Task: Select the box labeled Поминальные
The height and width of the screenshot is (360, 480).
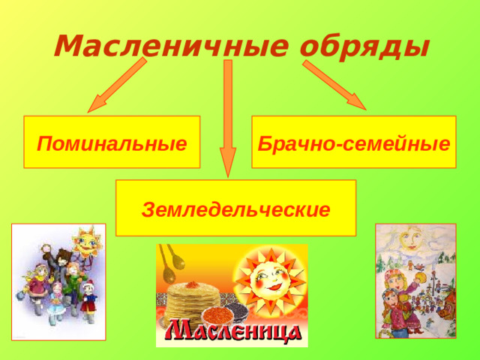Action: point(112,141)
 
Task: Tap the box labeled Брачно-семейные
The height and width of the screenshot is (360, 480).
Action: point(354,141)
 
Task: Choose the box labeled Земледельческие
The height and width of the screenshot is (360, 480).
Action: point(235,208)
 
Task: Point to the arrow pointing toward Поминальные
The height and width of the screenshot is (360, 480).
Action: point(115,86)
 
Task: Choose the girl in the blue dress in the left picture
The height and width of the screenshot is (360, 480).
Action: point(55,301)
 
